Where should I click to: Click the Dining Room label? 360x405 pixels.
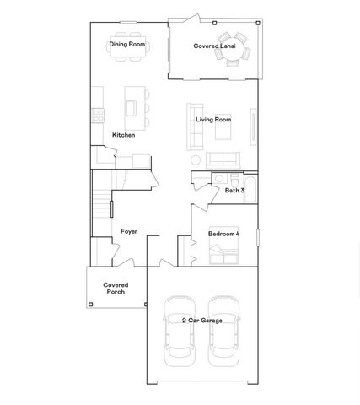[126, 44]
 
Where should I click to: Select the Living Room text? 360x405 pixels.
[213, 120]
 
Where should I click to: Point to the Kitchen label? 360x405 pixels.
[124, 135]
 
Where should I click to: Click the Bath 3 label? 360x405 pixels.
[234, 191]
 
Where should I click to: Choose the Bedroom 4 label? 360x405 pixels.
[224, 232]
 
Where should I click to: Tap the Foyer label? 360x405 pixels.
[129, 230]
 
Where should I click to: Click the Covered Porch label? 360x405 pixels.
[116, 289]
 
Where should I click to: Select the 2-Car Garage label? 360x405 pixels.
[201, 320]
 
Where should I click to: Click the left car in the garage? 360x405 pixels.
[179, 330]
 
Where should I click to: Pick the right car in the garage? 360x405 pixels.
[223, 330]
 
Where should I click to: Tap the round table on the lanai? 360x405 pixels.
[229, 50]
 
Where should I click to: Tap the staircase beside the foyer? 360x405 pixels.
[101, 207]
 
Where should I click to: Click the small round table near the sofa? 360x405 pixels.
[196, 160]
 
